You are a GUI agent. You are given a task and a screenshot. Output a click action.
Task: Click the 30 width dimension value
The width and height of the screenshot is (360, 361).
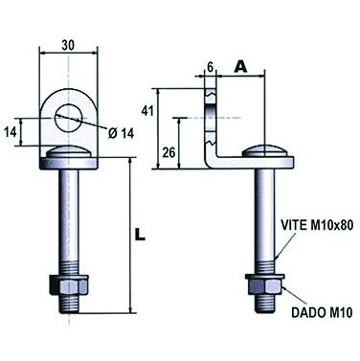[x=68, y=45]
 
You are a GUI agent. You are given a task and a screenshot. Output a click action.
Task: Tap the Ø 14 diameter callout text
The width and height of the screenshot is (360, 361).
[x=121, y=133]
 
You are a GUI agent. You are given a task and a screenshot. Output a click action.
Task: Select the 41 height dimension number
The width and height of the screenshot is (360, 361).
[x=147, y=111]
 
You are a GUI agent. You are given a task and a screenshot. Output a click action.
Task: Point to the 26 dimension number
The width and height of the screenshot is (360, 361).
[x=169, y=153]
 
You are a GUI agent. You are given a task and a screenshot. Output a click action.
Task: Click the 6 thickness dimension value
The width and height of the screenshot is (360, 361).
[x=210, y=67]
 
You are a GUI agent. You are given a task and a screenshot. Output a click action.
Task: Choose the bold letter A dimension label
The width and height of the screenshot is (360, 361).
[x=241, y=67]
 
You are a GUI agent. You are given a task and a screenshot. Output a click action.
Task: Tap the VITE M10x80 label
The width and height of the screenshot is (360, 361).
[x=317, y=225]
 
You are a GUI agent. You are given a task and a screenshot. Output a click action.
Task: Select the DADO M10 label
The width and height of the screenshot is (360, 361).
[x=322, y=312]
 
